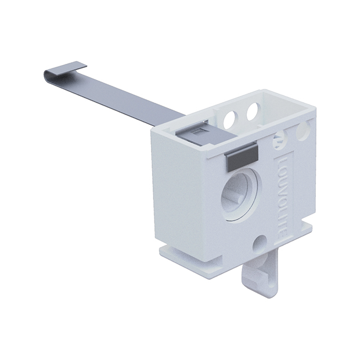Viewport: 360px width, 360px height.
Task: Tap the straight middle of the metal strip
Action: click(x=122, y=99)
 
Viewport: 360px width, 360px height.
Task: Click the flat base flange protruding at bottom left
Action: click(x=174, y=254)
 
